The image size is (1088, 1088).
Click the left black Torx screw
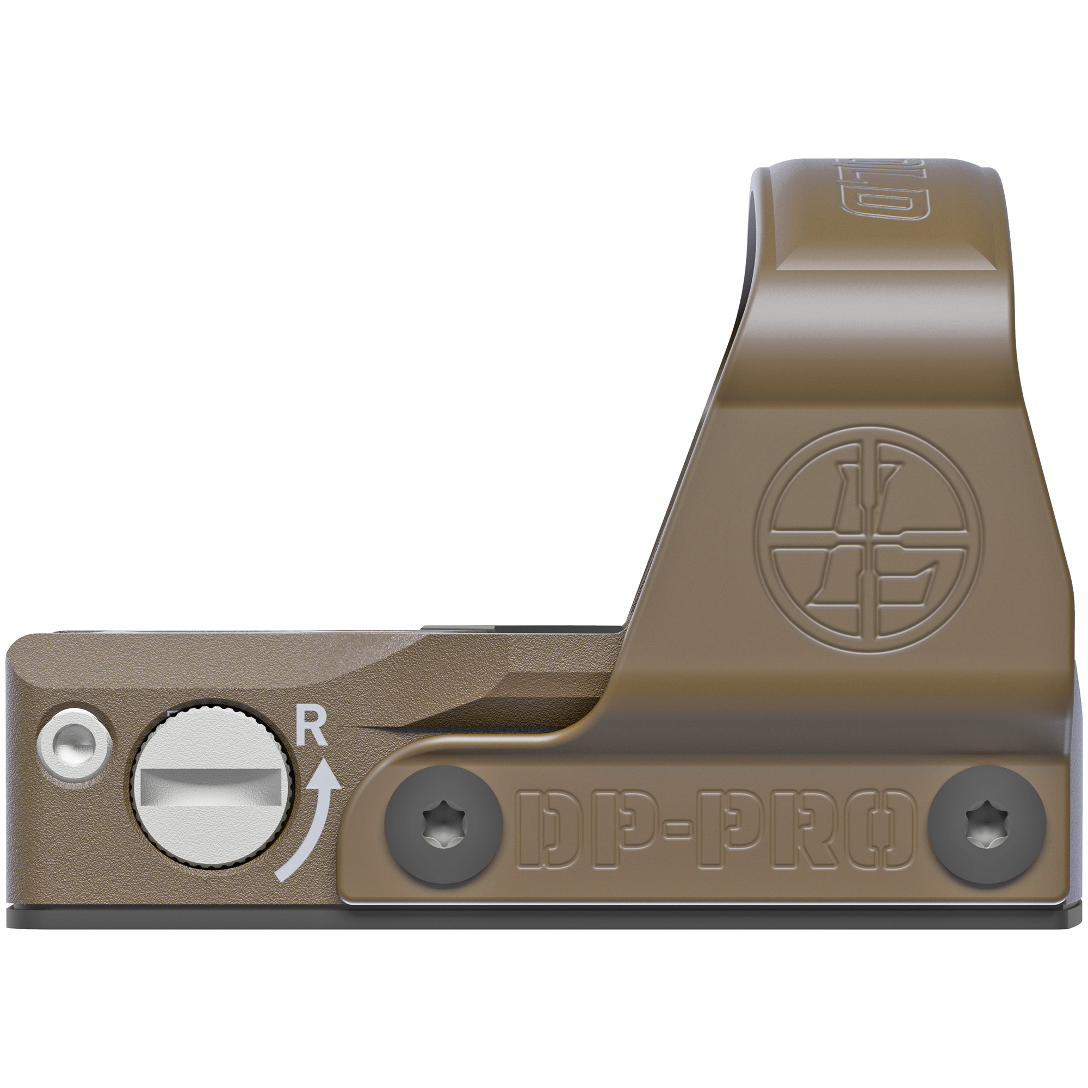pyautogui.click(x=443, y=826)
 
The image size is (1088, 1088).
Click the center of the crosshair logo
pyautogui.click(x=870, y=539)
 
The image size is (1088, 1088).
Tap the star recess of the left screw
pyautogui.click(x=443, y=826)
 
